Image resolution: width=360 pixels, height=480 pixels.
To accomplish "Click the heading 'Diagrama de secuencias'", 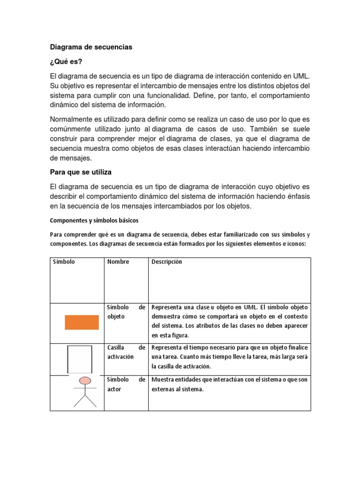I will [91, 47].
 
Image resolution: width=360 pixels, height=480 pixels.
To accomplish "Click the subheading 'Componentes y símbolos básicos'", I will [94, 220].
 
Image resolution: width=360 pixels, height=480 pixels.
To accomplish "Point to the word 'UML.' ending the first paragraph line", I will [301, 76].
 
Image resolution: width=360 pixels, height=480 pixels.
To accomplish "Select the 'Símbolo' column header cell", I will [64, 262].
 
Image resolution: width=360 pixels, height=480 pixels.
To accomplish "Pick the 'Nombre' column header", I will [118, 262].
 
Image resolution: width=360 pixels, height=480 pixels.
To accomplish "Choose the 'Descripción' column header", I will [167, 262].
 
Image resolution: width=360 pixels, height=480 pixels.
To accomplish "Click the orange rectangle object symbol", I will [82, 322].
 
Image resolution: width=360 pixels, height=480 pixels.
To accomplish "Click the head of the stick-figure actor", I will [85, 380].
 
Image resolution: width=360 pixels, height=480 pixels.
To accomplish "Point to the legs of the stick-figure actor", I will [85, 401].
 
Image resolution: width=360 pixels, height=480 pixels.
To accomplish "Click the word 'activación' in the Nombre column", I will [120, 357].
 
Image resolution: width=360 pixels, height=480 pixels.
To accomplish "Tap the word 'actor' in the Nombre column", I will [114, 390].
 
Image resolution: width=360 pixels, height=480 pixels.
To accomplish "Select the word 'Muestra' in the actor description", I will [162, 380].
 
